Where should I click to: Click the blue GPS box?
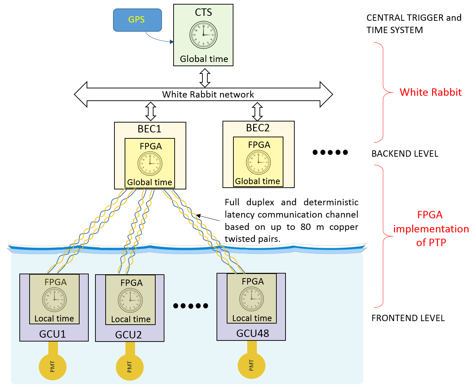[137, 20]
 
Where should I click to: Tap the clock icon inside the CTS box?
[203, 35]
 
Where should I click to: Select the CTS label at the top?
[203, 12]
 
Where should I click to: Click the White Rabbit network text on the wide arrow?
[208, 94]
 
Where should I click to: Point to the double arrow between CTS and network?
[205, 77]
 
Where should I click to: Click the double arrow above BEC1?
[151, 111]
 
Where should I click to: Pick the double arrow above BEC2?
[257, 111]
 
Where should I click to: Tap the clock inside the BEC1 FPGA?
[150, 164]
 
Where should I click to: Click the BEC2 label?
[258, 128]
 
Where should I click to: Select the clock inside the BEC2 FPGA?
[258, 162]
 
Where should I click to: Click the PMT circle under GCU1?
[53, 367]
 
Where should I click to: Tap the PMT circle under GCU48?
[251, 365]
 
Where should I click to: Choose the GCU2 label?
[129, 334]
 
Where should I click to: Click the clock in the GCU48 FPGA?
[252, 299]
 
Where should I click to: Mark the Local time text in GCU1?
[54, 319]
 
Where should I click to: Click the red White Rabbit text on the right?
[430, 92]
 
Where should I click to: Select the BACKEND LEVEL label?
[405, 154]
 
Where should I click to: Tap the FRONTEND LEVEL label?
[408, 318]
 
